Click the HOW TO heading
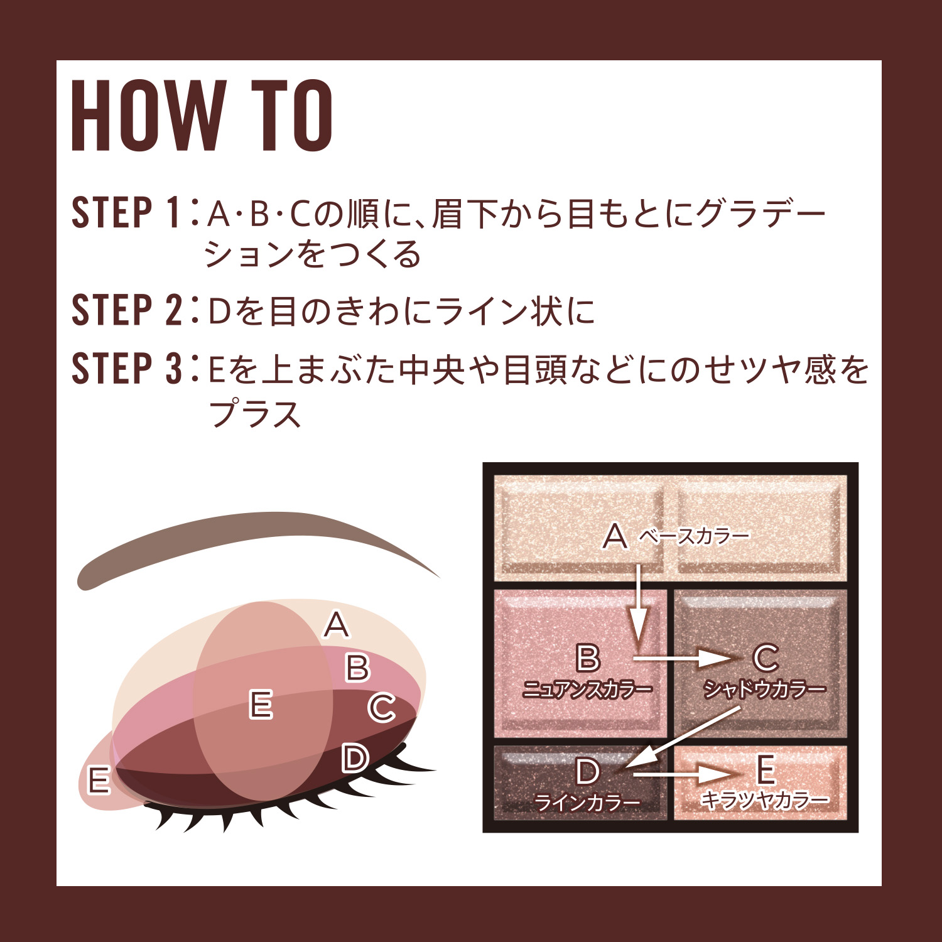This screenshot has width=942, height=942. tap(202, 116)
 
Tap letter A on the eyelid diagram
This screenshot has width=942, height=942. tap(337, 625)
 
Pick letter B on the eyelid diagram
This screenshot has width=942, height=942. tap(357, 668)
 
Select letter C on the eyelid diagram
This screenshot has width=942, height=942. tap(381, 708)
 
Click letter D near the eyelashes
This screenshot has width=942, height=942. tap(355, 758)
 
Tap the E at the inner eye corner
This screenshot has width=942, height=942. tap(99, 781)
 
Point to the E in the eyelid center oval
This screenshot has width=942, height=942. tap(261, 704)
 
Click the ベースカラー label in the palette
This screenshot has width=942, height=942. tap(694, 536)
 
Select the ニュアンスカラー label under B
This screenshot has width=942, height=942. tap(587, 690)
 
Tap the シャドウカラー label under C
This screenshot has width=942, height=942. tap(764, 690)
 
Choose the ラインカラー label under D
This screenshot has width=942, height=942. tap(587, 803)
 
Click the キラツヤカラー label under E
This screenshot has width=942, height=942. tap(764, 799)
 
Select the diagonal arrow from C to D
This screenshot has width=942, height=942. tap(685, 737)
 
